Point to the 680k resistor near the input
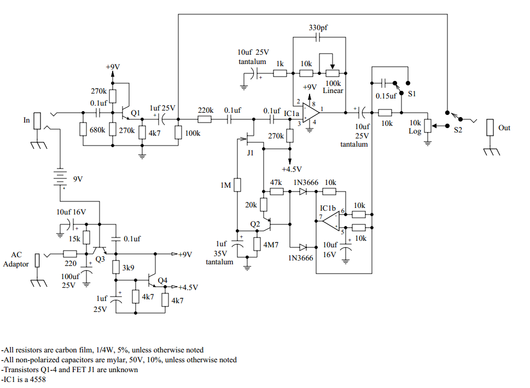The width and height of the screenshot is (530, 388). tap(83, 130)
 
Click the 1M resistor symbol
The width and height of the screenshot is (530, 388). tap(237, 185)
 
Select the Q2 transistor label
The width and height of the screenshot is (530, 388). tap(255, 224)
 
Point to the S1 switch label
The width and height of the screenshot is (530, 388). tap(411, 94)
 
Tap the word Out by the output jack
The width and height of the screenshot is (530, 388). tap(504, 128)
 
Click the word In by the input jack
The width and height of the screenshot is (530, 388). tap(26, 119)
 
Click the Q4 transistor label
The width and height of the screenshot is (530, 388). tap(162, 280)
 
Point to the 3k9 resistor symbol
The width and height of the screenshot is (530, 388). tap(115, 267)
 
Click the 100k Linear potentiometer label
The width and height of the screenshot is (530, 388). tap(333, 86)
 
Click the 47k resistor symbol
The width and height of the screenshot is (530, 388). tap(276, 192)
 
